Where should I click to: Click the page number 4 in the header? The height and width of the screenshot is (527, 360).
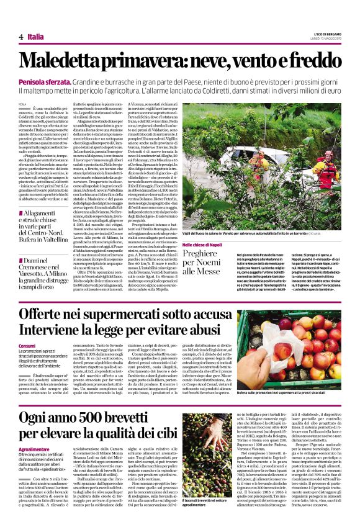(x=21, y=37)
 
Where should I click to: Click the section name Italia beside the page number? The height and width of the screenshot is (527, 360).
(x=35, y=37)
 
